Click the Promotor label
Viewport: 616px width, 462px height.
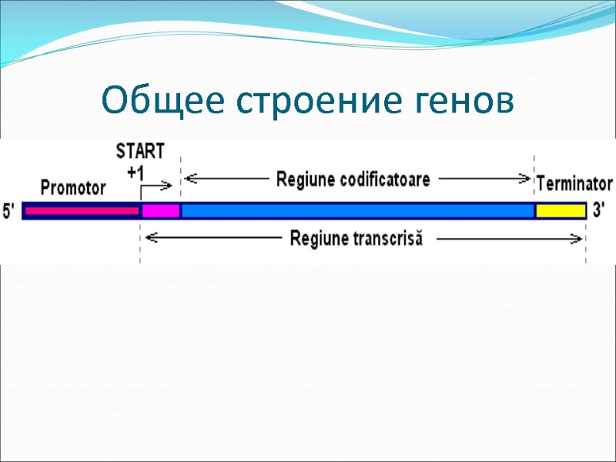[x=73, y=186]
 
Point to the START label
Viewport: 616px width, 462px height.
[x=139, y=150]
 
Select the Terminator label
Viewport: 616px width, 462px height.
[x=574, y=184]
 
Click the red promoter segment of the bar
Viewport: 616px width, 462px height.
[x=81, y=210]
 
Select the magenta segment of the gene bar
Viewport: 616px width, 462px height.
[x=160, y=210]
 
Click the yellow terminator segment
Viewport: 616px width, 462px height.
[x=561, y=210]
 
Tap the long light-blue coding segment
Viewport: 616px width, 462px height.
[x=357, y=210]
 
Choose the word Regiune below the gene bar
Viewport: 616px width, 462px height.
[x=316, y=239]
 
